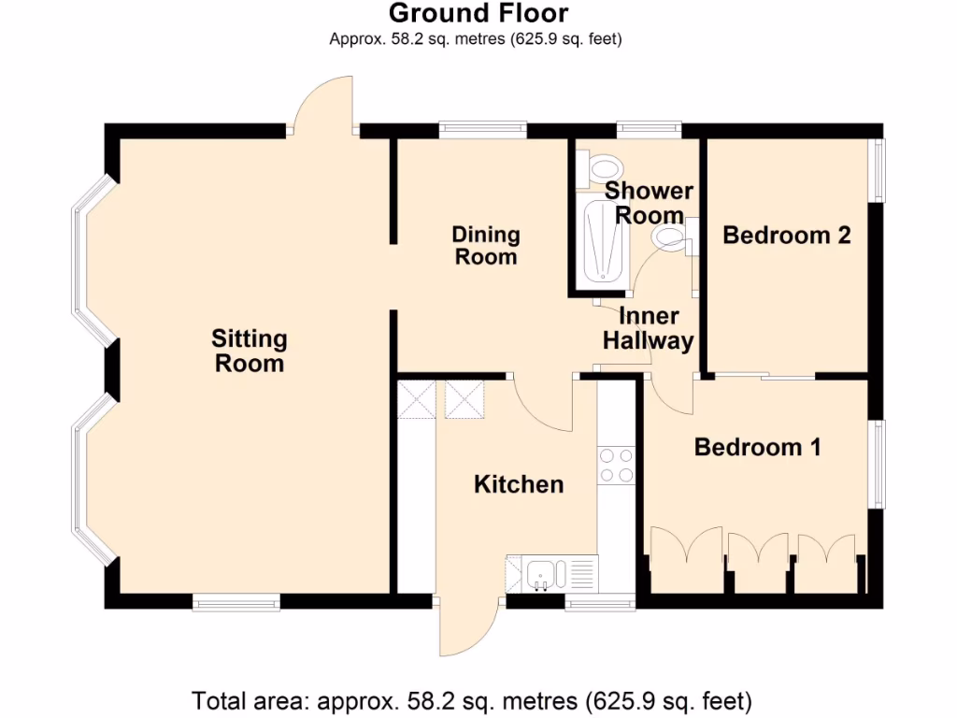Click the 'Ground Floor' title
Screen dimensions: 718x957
(478, 14)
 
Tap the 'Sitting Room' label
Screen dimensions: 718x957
(249, 351)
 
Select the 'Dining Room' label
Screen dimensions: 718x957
(486, 245)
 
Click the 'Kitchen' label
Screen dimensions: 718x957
(519, 484)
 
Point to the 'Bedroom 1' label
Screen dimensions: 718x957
(757, 448)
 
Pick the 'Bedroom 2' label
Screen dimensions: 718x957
(787, 235)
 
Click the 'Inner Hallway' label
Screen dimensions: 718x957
(648, 328)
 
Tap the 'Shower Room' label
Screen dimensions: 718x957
(649, 203)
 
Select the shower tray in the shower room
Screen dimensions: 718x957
(603, 243)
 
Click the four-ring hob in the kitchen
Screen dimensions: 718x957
(617, 465)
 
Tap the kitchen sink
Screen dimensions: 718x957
(540, 573)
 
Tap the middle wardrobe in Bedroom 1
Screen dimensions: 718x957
(758, 564)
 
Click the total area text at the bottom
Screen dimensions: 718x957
(471, 699)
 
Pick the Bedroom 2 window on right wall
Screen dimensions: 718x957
(878, 170)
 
